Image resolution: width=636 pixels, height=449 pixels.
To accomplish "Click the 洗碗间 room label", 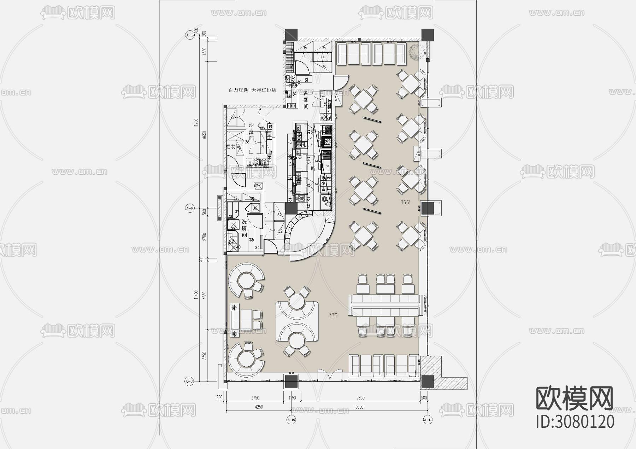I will click(244, 228).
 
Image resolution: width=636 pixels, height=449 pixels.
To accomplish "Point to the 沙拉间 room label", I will click(252, 132).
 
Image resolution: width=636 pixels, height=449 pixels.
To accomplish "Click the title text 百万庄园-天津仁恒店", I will click(252, 91).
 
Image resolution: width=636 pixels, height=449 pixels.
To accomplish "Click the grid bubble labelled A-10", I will click(291, 420).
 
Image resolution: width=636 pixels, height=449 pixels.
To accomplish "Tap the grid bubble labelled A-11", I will click(428, 420).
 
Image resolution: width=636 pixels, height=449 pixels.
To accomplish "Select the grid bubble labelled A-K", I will click(190, 209).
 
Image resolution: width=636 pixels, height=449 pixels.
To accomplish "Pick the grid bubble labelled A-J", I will click(190, 381).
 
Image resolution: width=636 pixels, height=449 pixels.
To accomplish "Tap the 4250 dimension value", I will click(258, 407).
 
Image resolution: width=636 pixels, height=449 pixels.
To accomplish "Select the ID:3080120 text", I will click(575, 421).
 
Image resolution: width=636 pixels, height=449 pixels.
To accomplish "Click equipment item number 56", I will click(257, 186).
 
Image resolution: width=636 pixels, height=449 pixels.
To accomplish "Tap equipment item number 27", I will click(233, 117).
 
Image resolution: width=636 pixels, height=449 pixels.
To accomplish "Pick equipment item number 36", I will click(255, 209).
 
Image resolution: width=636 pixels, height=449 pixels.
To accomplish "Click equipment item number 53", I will click(306, 80).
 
